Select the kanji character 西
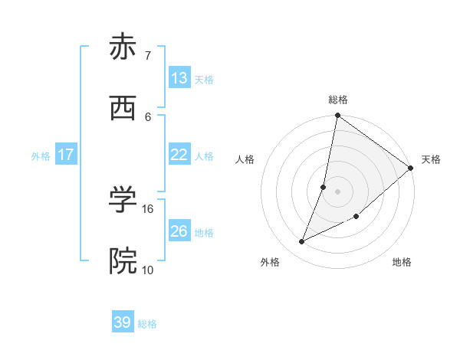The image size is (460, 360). pyautogui.click(x=122, y=109)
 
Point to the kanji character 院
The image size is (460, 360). pyautogui.click(x=122, y=261)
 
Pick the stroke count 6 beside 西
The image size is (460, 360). pyautogui.click(x=148, y=116)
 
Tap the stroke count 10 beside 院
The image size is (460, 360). pyautogui.click(x=148, y=270)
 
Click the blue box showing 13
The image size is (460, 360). pyautogui.click(x=179, y=78)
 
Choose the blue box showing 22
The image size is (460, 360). pyautogui.click(x=179, y=155)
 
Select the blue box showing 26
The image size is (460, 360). pyautogui.click(x=179, y=231)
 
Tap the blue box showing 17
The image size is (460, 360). pyautogui.click(x=66, y=155)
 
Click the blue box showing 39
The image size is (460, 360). pyautogui.click(x=123, y=322)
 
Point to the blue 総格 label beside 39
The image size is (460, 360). pyautogui.click(x=147, y=325)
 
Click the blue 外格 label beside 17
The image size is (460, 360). pyautogui.click(x=41, y=156)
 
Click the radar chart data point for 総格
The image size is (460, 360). pyautogui.click(x=337, y=116)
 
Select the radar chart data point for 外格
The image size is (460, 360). pyautogui.click(x=302, y=242)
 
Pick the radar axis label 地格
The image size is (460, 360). pyautogui.click(x=402, y=263)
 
